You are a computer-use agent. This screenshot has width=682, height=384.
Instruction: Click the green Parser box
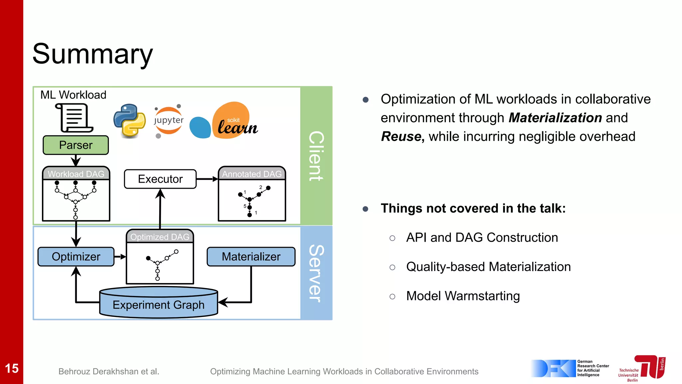[76, 145]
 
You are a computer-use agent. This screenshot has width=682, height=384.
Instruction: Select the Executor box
[160, 179]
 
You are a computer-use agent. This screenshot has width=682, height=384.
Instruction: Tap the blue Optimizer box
[76, 256]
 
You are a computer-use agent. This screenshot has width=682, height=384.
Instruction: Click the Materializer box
[251, 256]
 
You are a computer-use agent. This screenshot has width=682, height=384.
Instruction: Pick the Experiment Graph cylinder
[159, 304]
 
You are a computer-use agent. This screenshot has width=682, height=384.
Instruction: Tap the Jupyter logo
[169, 121]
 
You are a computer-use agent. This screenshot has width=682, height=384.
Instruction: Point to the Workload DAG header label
[76, 174]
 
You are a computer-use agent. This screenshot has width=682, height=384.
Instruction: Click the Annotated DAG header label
[252, 174]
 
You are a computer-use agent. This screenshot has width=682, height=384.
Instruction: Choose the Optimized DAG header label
[160, 237]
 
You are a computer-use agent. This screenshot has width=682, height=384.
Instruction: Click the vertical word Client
[316, 156]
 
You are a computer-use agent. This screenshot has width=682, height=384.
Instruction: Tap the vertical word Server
[316, 273]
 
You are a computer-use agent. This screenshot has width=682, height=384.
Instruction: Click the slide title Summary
[93, 54]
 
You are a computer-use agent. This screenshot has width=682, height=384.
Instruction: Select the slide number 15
[12, 368]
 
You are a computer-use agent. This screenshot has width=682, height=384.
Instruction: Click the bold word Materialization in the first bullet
[555, 118]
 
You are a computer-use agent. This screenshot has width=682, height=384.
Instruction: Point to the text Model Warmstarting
[463, 296]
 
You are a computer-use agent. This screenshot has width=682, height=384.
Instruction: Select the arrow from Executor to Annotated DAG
[207, 179]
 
